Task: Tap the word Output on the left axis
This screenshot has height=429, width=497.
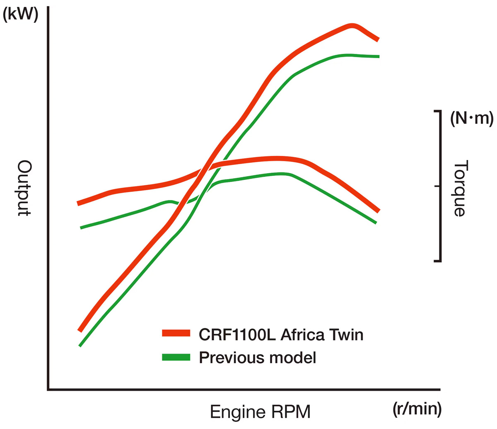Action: [24, 189]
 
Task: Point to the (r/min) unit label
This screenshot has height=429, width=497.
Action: [417, 409]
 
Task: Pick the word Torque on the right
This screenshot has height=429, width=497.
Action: [460, 189]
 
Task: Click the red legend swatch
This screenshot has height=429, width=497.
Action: [176, 333]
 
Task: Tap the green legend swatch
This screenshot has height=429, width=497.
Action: [176, 357]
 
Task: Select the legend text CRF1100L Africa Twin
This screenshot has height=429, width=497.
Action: [281, 334]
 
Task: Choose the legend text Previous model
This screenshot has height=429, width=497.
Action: [258, 357]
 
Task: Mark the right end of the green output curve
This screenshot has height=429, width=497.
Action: [378, 56]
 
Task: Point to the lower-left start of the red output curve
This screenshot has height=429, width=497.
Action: [80, 330]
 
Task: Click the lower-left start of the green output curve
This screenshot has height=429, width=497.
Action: [80, 345]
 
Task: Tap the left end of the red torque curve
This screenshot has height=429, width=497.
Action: [78, 204]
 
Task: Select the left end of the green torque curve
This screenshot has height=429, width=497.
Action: [81, 228]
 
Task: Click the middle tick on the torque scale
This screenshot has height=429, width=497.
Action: [437, 186]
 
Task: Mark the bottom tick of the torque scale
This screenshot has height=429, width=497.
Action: [437, 261]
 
